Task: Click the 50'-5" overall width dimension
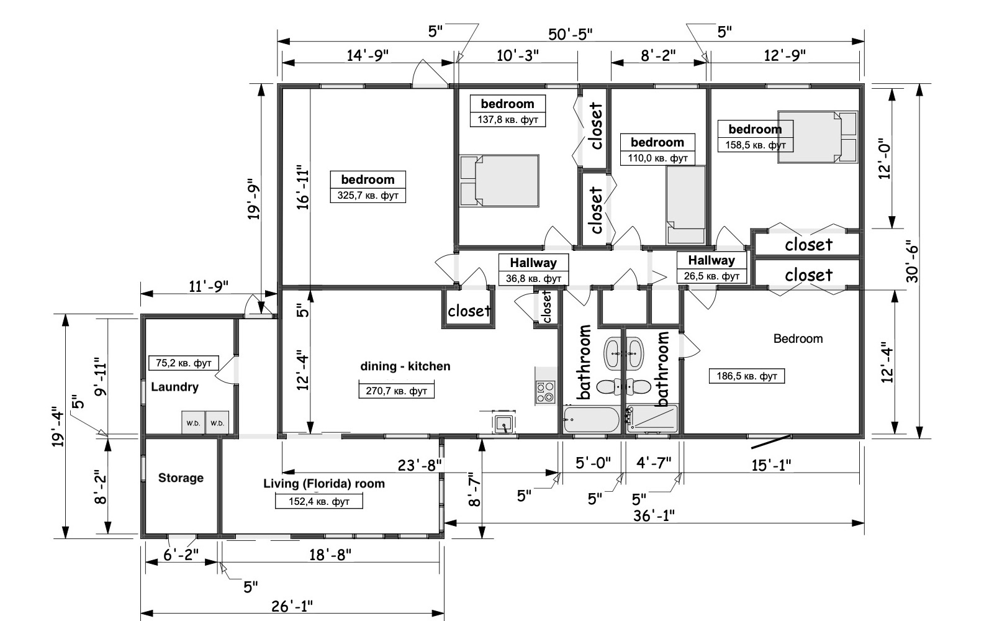[571, 34]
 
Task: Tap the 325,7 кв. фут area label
[368, 196]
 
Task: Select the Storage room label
[181, 478]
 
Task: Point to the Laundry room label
[174, 387]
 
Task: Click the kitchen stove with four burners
[545, 392]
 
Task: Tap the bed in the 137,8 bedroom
[499, 181]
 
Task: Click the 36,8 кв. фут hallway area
[534, 278]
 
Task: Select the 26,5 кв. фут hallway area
[711, 276]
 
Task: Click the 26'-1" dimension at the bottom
[292, 606]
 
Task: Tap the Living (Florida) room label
[324, 484]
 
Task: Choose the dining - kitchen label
[405, 366]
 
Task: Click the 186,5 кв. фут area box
[747, 376]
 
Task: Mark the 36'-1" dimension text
[654, 516]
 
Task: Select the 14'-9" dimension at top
[368, 55]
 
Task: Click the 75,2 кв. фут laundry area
[183, 363]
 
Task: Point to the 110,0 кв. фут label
[657, 158]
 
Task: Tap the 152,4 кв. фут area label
[319, 502]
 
